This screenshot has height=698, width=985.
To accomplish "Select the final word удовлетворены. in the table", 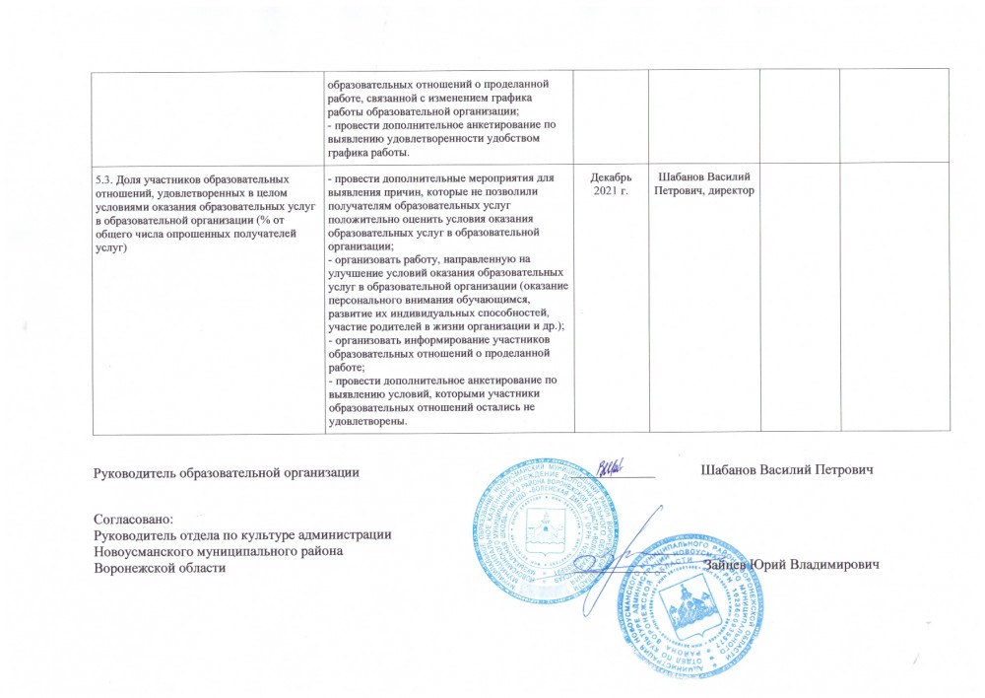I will point(369,421).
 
